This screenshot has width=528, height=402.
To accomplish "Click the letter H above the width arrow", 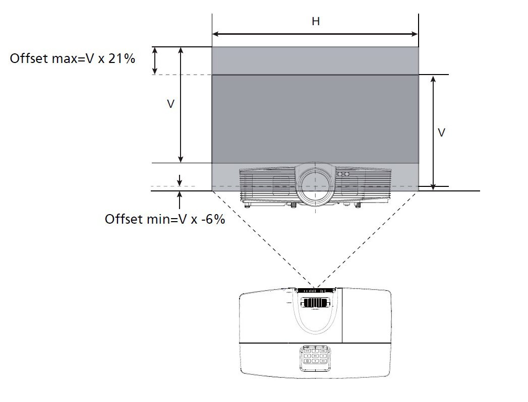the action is point(316,22).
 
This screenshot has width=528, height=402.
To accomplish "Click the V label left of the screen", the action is point(171,104).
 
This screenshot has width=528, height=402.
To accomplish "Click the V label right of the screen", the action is point(441,132).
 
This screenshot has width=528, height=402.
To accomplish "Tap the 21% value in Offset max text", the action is point(122,58).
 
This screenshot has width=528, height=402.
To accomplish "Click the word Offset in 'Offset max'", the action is point(28,58).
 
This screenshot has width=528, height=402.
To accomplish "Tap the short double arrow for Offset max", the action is point(154,60).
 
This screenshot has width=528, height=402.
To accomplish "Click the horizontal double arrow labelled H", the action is point(315,34).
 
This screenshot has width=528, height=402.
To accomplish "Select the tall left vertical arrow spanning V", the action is point(181,105).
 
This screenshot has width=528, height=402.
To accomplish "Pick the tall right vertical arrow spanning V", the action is point(433,132).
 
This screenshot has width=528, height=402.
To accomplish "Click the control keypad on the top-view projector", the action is point(315,357).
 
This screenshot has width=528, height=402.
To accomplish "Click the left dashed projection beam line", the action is point(263,239).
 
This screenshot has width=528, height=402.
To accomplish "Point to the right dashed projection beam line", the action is point(368,239).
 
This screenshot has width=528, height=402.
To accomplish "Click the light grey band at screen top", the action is point(315,60).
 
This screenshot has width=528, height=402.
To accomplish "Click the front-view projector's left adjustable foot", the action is point(248,204).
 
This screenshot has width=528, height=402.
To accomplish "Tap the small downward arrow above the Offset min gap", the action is point(180,180).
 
